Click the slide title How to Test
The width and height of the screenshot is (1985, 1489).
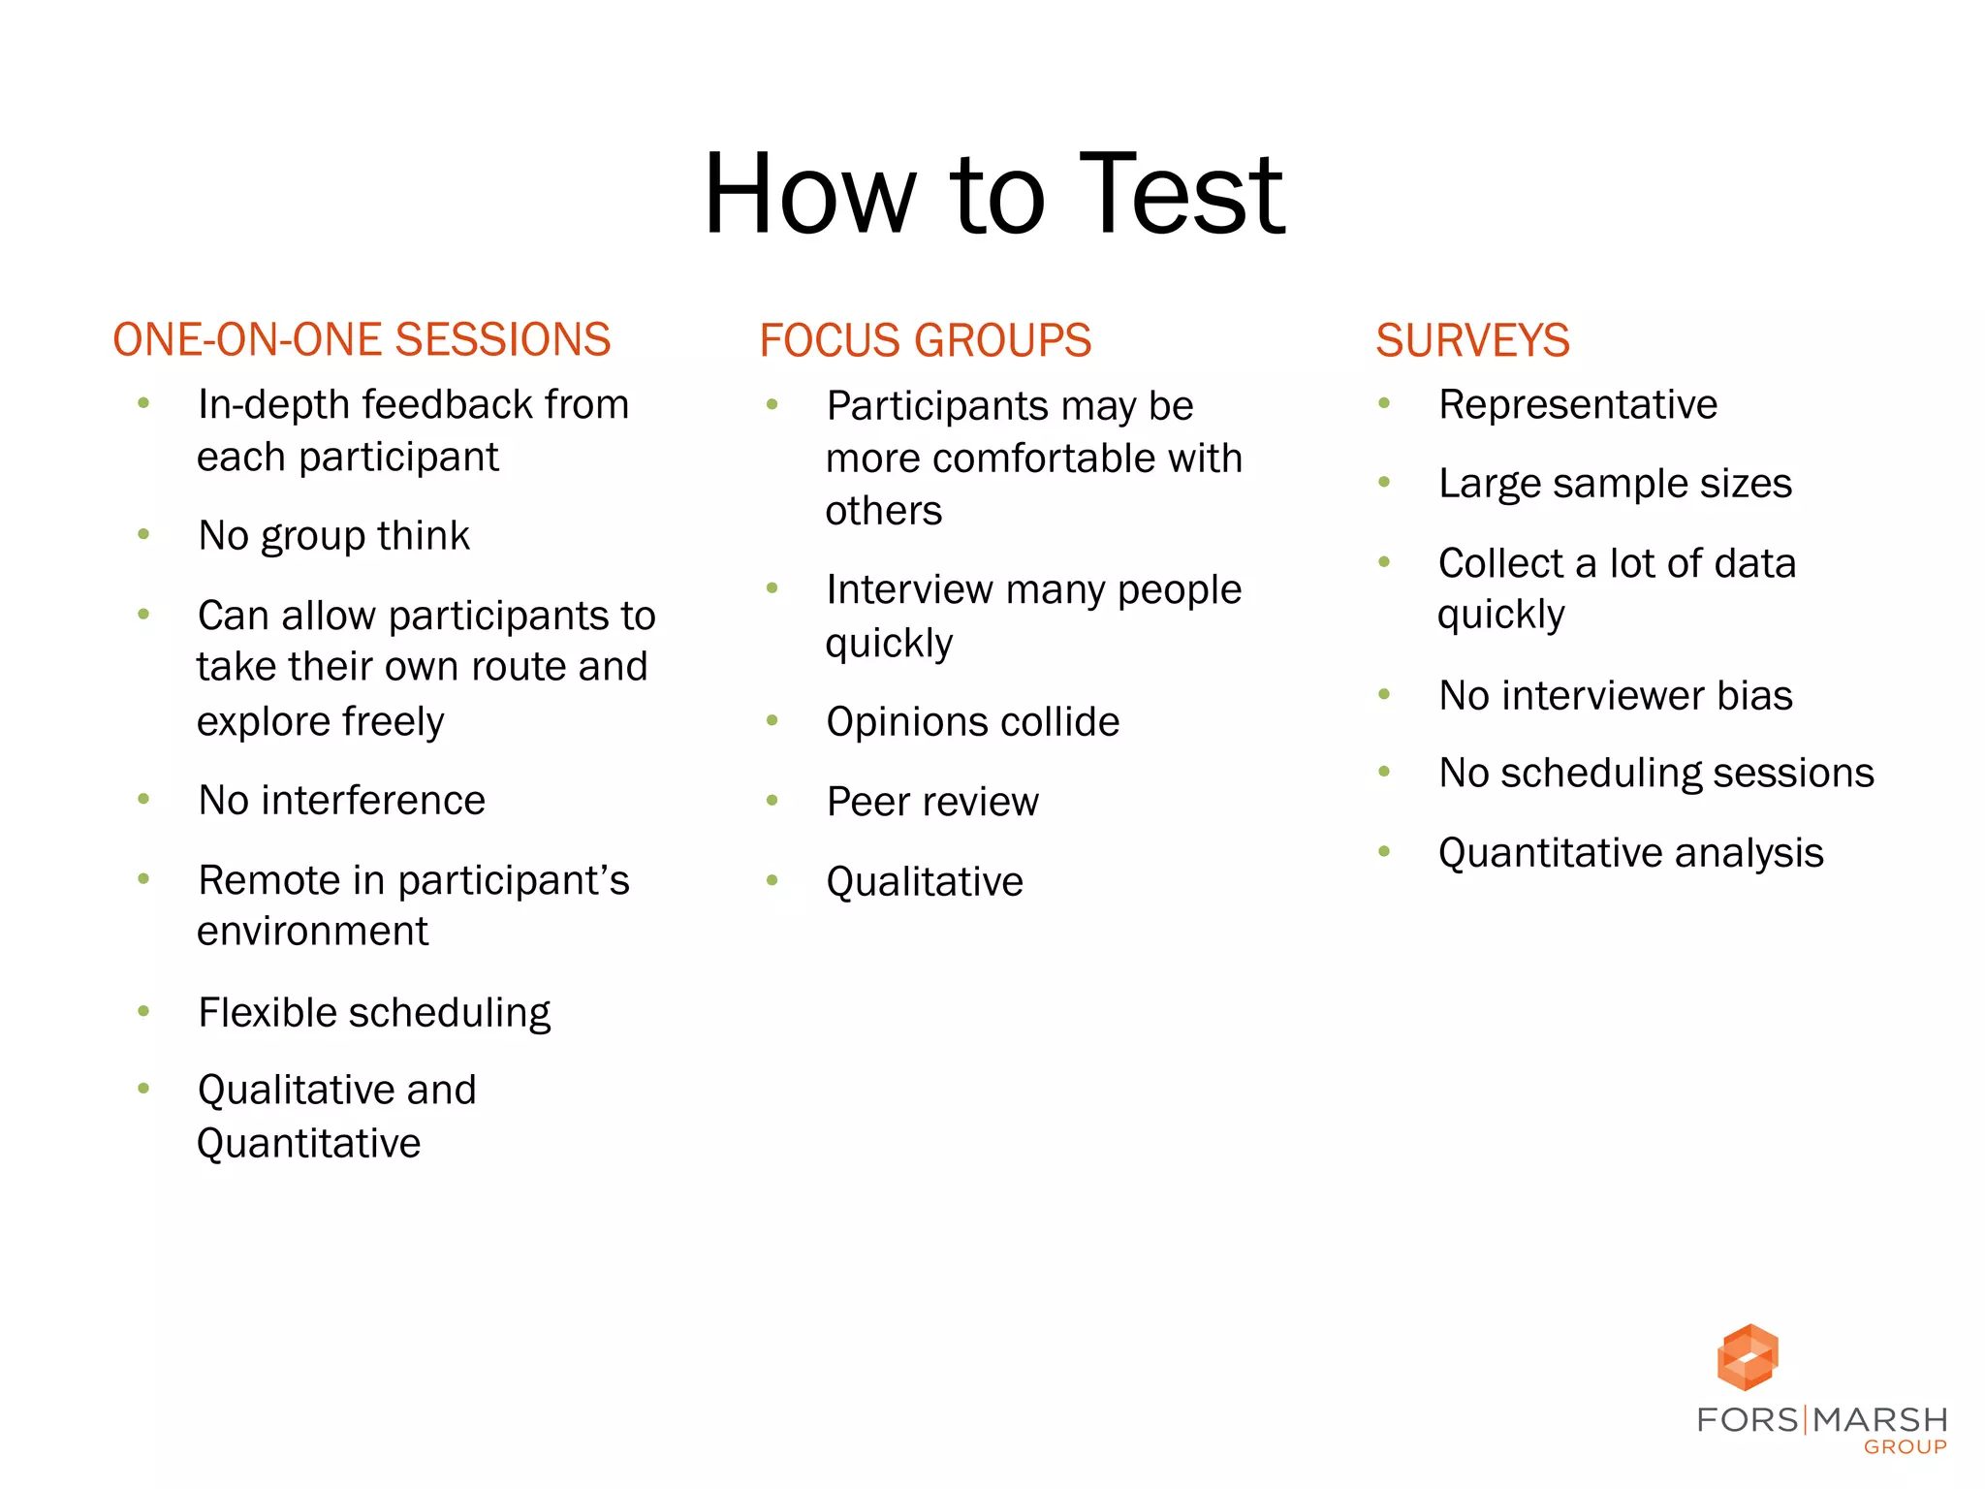[993, 194]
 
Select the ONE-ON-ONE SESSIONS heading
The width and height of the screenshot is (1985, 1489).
[362, 340]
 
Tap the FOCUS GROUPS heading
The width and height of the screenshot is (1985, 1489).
[925, 340]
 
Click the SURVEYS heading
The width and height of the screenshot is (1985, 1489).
[1472, 340]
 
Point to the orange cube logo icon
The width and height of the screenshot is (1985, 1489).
[1748, 1357]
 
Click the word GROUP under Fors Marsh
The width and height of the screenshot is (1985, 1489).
[1905, 1447]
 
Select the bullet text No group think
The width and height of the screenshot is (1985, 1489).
[333, 536]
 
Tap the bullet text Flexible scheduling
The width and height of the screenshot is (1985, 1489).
[374, 1013]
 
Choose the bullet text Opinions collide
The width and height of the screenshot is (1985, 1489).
[972, 722]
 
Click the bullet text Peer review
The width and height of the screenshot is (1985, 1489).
[932, 802]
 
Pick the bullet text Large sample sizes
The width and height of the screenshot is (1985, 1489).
[1615, 484]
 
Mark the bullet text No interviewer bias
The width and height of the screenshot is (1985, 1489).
[1616, 696]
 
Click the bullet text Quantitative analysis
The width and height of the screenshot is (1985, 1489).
[1630, 853]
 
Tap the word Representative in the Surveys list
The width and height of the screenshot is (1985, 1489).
[1578, 405]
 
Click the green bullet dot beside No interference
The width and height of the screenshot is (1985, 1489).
[143, 800]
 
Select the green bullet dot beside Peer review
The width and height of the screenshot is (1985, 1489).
[772, 801]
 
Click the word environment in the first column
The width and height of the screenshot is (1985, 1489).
[312, 932]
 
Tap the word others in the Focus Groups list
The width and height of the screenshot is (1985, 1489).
[883, 511]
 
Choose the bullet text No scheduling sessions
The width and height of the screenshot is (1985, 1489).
[1656, 774]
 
